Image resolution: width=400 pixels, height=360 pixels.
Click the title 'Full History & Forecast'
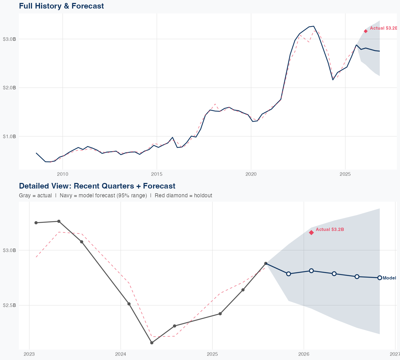61,6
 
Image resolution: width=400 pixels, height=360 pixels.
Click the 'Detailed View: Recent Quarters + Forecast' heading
97,186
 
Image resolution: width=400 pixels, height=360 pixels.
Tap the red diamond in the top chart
366,31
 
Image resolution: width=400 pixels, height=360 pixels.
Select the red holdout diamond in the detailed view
311,233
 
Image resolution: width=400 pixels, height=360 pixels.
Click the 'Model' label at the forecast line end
389,278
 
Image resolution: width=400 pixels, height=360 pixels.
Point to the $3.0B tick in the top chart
9,39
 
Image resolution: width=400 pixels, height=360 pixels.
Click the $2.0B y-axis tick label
9,88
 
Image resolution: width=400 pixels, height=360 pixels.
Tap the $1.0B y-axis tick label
9,136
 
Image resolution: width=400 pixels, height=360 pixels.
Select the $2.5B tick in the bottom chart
9,305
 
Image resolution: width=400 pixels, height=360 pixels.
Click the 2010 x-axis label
63,174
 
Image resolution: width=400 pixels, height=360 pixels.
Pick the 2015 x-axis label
157,174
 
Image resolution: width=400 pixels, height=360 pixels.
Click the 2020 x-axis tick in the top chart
251,174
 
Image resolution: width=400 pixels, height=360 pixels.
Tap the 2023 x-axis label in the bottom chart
29,354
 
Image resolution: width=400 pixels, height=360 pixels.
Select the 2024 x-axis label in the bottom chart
121,354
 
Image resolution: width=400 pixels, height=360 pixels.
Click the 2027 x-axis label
395,354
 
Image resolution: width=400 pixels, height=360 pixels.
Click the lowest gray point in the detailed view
152,343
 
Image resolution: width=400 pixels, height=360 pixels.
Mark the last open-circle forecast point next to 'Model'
380,278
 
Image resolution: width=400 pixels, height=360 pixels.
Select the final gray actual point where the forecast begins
266,263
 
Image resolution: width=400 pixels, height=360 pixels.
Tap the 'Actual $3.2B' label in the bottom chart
330,229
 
